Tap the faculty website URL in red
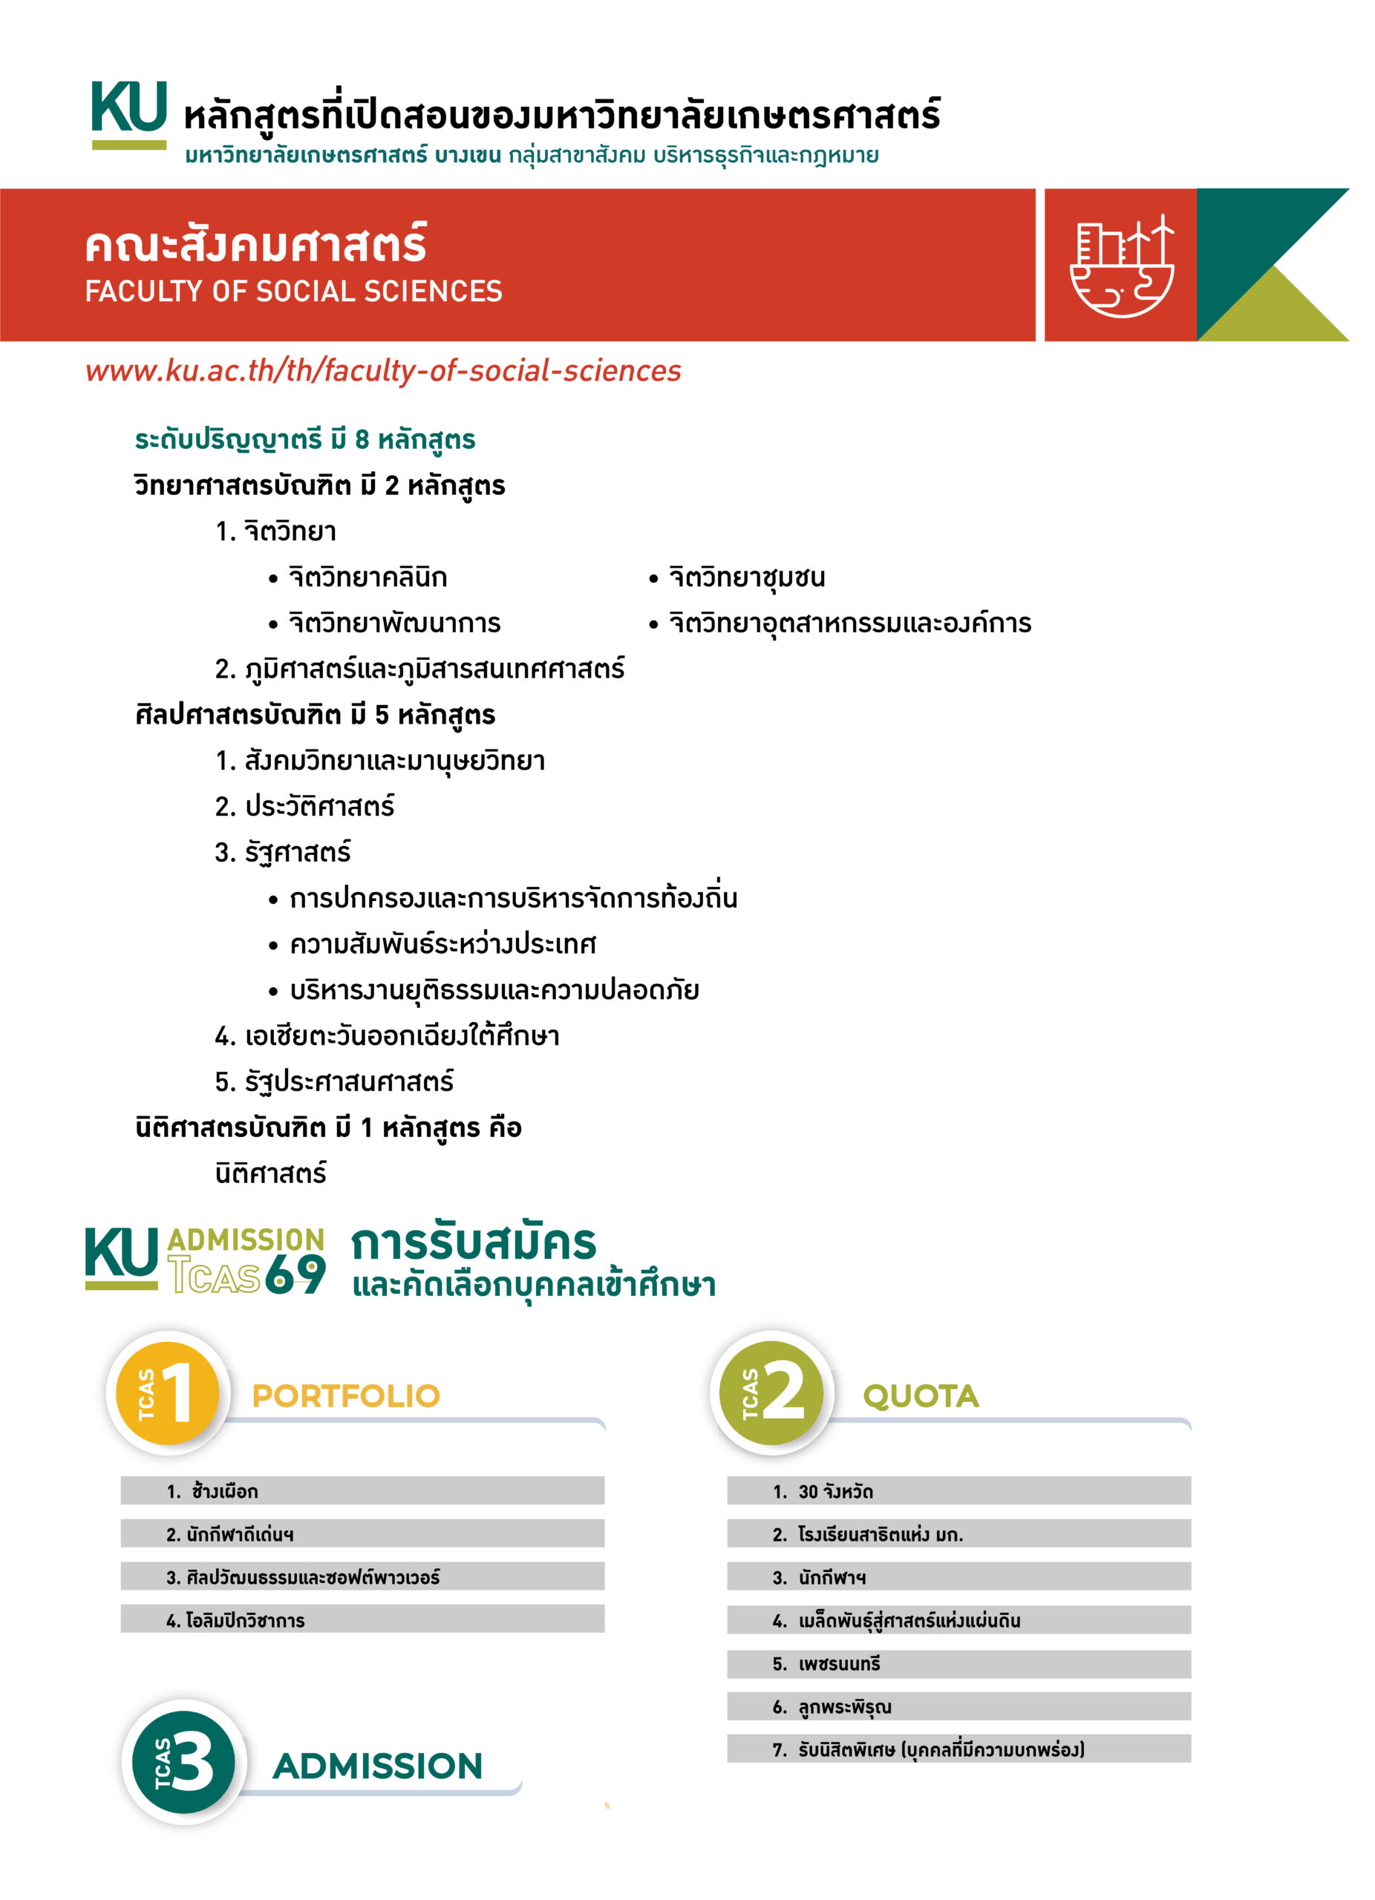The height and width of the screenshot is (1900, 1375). tap(383, 370)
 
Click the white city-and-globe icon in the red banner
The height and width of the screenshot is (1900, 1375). tap(1122, 266)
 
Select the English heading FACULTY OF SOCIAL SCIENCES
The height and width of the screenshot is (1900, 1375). tap(293, 292)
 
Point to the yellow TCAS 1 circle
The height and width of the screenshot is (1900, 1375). tap(167, 1392)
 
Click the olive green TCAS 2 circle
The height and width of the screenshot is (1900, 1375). tap(771, 1392)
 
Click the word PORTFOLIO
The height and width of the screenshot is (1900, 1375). tap(346, 1395)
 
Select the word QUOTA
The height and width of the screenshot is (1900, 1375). tap(920, 1395)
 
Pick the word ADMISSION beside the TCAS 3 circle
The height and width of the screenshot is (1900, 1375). tap(377, 1766)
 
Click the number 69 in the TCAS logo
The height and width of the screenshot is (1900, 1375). tap(295, 1275)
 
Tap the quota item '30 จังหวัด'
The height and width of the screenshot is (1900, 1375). tap(835, 1491)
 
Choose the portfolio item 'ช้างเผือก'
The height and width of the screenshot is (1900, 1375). tap(223, 1491)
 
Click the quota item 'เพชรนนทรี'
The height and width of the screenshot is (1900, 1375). tap(838, 1664)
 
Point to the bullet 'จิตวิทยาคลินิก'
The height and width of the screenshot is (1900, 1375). tap(367, 577)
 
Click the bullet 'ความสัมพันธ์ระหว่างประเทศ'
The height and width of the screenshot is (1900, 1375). tap(442, 944)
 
